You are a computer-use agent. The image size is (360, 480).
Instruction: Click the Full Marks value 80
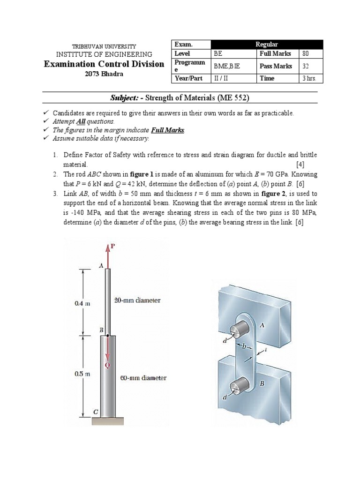[306, 54]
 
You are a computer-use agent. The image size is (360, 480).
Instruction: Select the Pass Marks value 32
[306, 66]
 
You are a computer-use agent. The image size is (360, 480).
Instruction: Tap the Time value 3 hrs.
[309, 78]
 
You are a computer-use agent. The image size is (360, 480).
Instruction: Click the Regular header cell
[267, 44]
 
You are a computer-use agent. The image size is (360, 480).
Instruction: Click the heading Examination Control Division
[104, 64]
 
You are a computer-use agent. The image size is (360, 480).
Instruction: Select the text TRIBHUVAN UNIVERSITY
[104, 46]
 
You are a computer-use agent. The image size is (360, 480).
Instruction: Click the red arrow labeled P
[108, 255]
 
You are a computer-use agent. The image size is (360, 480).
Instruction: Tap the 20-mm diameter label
[137, 300]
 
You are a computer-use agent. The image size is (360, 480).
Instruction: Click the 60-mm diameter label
[143, 378]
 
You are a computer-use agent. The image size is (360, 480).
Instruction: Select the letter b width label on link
[244, 347]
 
